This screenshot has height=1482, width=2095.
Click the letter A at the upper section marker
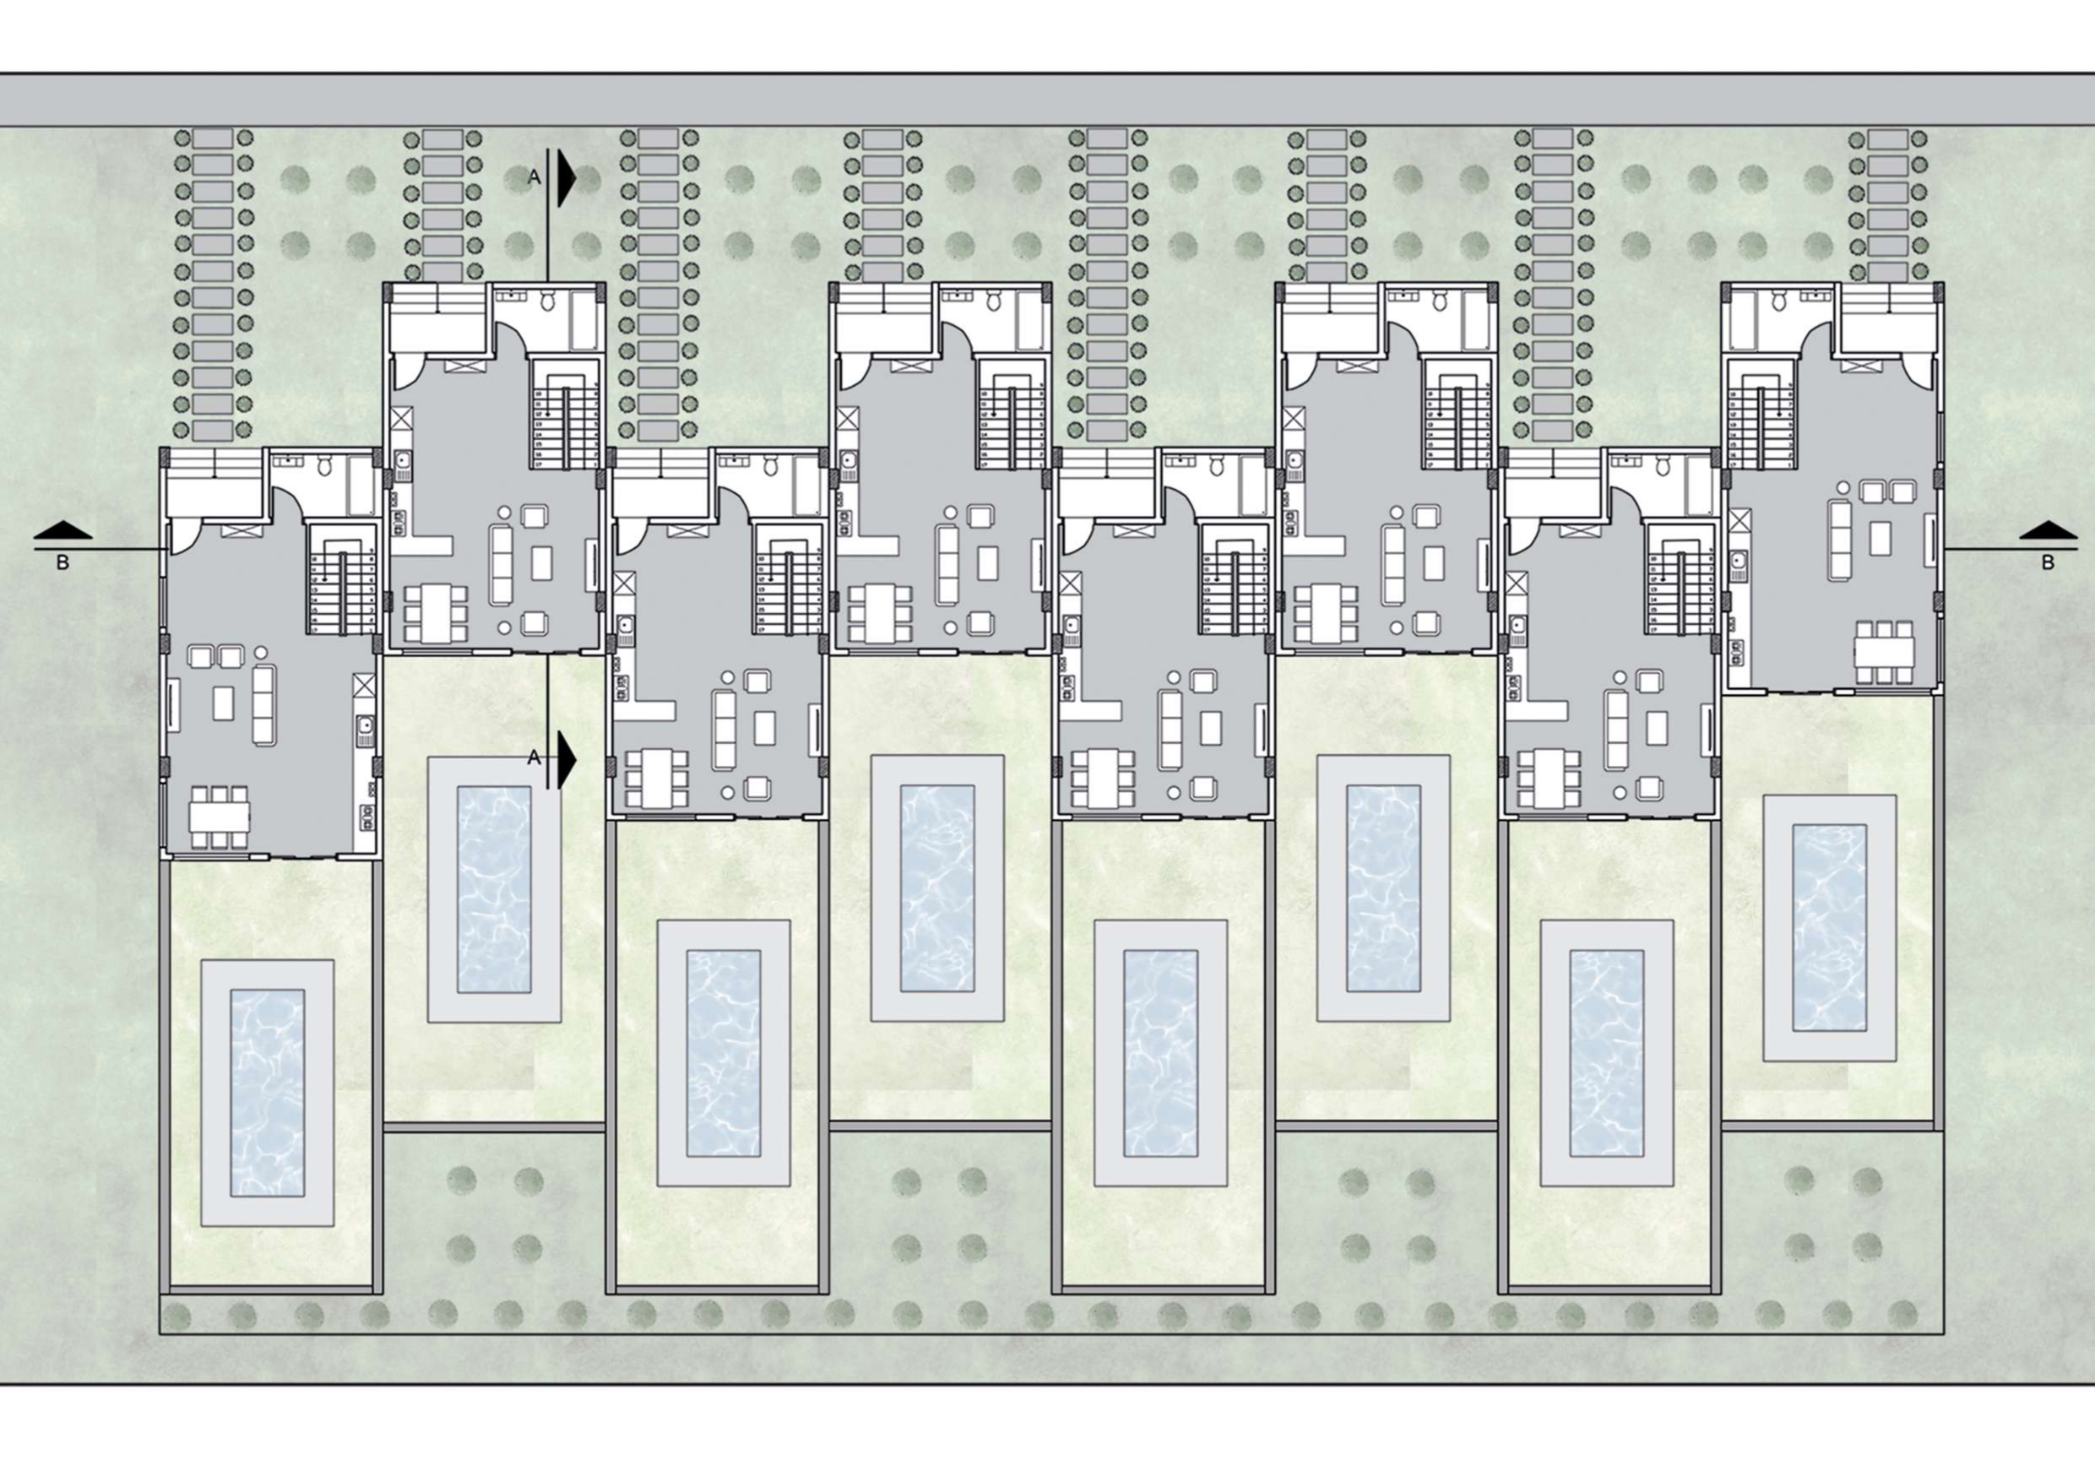(535, 178)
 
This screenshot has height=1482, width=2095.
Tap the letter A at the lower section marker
(535, 757)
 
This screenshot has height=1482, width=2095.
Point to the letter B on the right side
(2048, 563)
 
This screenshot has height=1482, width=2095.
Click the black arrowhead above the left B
(63, 530)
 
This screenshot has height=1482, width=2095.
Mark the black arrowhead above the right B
(2048, 530)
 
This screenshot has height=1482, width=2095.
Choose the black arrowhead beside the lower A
(566, 757)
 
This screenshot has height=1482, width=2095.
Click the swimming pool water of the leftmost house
(267, 1094)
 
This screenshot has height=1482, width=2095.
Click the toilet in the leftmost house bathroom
(323, 468)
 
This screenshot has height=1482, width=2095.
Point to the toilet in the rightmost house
(1780, 301)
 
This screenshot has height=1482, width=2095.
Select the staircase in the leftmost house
(341, 578)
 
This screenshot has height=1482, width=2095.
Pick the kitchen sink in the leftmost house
(363, 726)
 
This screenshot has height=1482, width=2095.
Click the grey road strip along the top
(1047, 100)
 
